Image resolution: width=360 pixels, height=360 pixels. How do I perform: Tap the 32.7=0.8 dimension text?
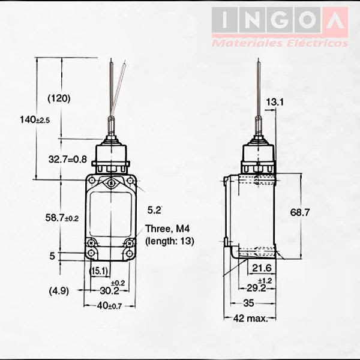[x=67, y=159]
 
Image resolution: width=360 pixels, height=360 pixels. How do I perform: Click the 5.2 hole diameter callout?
[x=154, y=210]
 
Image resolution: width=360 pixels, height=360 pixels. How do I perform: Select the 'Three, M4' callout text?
[x=166, y=229]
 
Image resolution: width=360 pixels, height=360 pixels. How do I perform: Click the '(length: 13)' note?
[x=170, y=241]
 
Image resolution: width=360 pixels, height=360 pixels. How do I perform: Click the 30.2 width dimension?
[x=108, y=290]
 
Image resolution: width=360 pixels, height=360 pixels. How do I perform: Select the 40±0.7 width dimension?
[x=110, y=307]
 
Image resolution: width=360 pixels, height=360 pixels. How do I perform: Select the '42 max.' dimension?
[x=251, y=318]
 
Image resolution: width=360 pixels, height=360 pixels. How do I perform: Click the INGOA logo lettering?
[x=279, y=20]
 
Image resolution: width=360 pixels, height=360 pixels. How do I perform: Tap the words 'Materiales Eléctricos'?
[x=279, y=43]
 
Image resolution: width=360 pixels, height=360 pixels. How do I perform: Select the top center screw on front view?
[x=110, y=184]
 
